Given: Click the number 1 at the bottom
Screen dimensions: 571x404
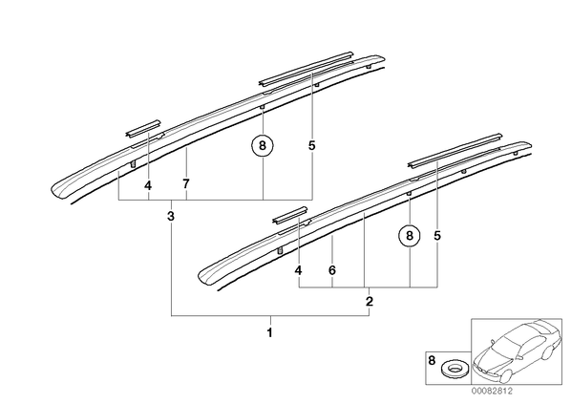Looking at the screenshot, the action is [x=270, y=332].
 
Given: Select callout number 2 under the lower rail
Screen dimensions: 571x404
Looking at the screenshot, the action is [x=370, y=302].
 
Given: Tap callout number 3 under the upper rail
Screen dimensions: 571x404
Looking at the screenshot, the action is [x=171, y=216].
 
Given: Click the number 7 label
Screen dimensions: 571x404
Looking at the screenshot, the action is [x=186, y=184].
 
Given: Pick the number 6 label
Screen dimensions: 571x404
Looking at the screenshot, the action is [x=331, y=270].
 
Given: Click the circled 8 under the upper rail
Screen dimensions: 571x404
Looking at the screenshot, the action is [x=263, y=146].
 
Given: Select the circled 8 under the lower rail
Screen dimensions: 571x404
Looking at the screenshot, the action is [x=410, y=236].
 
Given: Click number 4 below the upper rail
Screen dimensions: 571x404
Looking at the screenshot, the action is [x=148, y=186].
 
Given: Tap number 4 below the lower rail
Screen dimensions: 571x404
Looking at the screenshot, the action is [x=298, y=270].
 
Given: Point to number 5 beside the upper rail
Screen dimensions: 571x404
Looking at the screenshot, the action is [x=311, y=146].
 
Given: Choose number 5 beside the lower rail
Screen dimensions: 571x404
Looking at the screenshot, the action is [x=437, y=236].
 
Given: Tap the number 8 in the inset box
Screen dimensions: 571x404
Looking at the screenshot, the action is [x=432, y=361].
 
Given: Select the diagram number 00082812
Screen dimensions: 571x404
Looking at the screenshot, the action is [x=492, y=392].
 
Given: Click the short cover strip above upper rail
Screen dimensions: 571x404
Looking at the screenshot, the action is [x=143, y=128].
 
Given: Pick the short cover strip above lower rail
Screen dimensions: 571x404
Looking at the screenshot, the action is [x=290, y=215].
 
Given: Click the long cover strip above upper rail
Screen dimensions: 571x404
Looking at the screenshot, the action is [x=306, y=69].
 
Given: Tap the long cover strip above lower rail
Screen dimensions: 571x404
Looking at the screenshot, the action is [x=455, y=151].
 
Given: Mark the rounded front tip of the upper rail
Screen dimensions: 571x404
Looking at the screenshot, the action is [x=54, y=190].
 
